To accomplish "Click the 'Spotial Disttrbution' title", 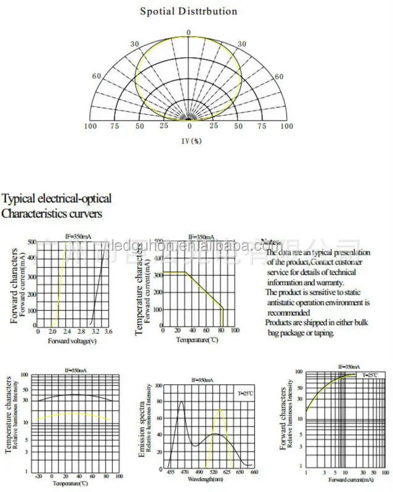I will pyautogui.click(x=188, y=11).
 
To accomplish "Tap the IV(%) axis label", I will pyautogui.click(x=191, y=140).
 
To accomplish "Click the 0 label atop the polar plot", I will pyautogui.click(x=189, y=32).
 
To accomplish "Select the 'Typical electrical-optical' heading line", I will pyautogui.click(x=57, y=199).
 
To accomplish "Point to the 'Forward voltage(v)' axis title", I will pyautogui.click(x=73, y=341).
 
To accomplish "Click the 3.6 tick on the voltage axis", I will pyautogui.click(x=108, y=331).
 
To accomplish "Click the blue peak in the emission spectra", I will pyautogui.click(x=181, y=402).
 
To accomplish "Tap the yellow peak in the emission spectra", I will pyautogui.click(x=221, y=410).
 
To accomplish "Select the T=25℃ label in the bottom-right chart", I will pyautogui.click(x=370, y=375).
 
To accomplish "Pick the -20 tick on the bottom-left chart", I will pyautogui.click(x=38, y=476).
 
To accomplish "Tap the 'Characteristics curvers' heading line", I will pyautogui.click(x=52, y=214).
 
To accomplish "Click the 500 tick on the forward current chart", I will pyautogui.click(x=33, y=242).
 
